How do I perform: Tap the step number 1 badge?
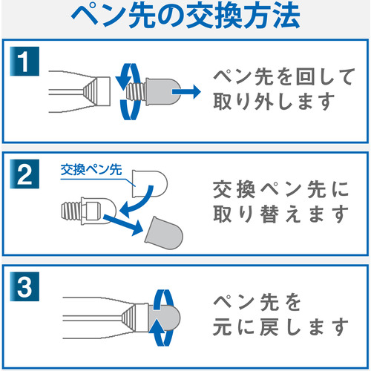(x=24, y=62)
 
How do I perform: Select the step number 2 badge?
(x=24, y=174)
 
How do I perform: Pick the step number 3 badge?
(x=24, y=286)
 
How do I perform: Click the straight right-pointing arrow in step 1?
(x=186, y=92)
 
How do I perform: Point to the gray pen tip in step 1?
(x=163, y=92)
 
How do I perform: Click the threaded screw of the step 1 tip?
(x=136, y=92)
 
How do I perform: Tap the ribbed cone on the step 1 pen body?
(x=90, y=91)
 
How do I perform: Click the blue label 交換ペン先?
(x=91, y=170)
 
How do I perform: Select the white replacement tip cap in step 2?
(x=150, y=184)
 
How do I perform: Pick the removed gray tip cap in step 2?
(x=164, y=233)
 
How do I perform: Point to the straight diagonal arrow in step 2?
(x=123, y=225)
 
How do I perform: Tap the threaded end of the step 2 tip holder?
(x=71, y=211)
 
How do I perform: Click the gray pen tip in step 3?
(x=164, y=318)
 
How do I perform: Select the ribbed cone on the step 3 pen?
(x=128, y=318)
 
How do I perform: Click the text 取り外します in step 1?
(x=274, y=102)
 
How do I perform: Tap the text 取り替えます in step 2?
(x=281, y=214)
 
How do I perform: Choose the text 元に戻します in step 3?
(x=281, y=327)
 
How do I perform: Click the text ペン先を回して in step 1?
(x=284, y=76)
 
